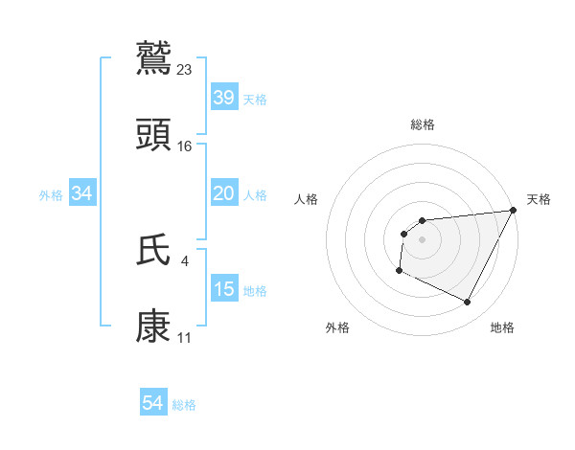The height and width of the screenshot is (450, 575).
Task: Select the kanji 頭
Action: click(153, 134)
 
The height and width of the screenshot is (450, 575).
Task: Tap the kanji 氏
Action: click(153, 251)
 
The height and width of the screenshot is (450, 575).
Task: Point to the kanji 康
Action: click(153, 326)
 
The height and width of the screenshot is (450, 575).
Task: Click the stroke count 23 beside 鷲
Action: click(185, 69)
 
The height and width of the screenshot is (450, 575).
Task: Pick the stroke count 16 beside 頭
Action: click(185, 146)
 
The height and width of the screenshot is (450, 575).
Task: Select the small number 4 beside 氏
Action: click(185, 260)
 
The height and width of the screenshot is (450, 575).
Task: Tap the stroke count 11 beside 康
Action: click(185, 337)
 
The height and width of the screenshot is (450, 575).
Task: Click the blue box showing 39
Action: click(223, 97)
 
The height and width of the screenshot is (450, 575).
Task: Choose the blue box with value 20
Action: click(223, 193)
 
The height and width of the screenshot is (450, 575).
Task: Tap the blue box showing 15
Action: click(223, 288)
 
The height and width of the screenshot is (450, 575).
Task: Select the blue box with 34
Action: click(82, 193)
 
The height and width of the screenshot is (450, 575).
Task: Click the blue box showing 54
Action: click(152, 403)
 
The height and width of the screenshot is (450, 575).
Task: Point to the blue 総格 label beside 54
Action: click(184, 405)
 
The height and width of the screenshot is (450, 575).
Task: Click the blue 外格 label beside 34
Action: click(51, 195)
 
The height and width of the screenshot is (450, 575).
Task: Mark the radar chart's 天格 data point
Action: click(515, 211)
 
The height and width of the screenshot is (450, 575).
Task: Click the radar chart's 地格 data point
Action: click(468, 303)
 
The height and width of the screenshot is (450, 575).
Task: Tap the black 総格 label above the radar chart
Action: click(422, 124)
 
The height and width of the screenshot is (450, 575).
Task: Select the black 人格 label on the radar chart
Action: click(307, 199)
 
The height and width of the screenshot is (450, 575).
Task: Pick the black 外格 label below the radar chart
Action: click(337, 327)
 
